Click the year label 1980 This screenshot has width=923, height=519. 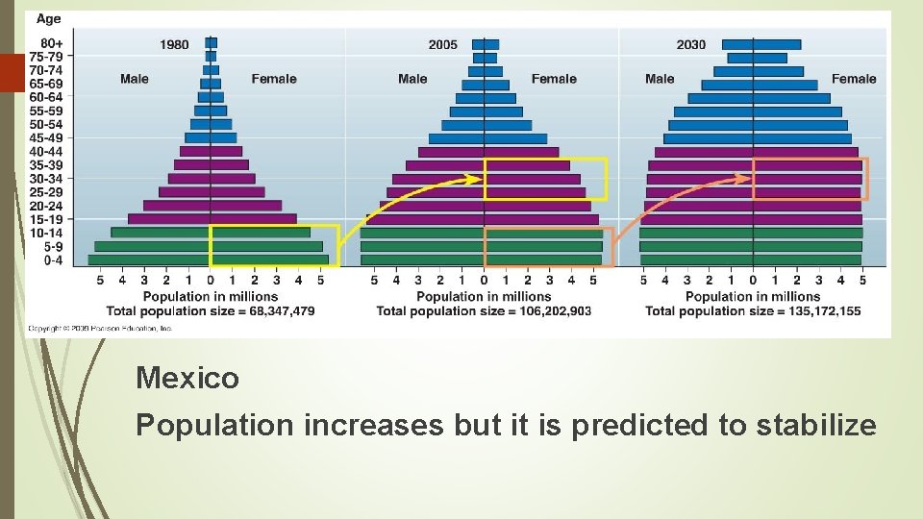174,44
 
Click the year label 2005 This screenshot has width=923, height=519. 443,44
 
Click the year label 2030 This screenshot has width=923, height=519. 690,44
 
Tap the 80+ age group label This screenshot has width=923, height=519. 52,43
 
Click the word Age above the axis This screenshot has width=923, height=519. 48,18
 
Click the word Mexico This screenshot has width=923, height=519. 187,378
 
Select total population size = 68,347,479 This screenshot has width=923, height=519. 228,310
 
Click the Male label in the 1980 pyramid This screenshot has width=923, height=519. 134,79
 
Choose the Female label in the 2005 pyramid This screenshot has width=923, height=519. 554,79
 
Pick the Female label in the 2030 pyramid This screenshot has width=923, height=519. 854,79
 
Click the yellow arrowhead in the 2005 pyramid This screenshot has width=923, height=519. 475,178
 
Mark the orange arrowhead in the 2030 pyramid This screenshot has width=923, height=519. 744,177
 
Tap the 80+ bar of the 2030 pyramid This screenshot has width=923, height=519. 761,44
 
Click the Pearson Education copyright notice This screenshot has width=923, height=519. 100,328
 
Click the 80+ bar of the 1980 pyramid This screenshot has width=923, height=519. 212,42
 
